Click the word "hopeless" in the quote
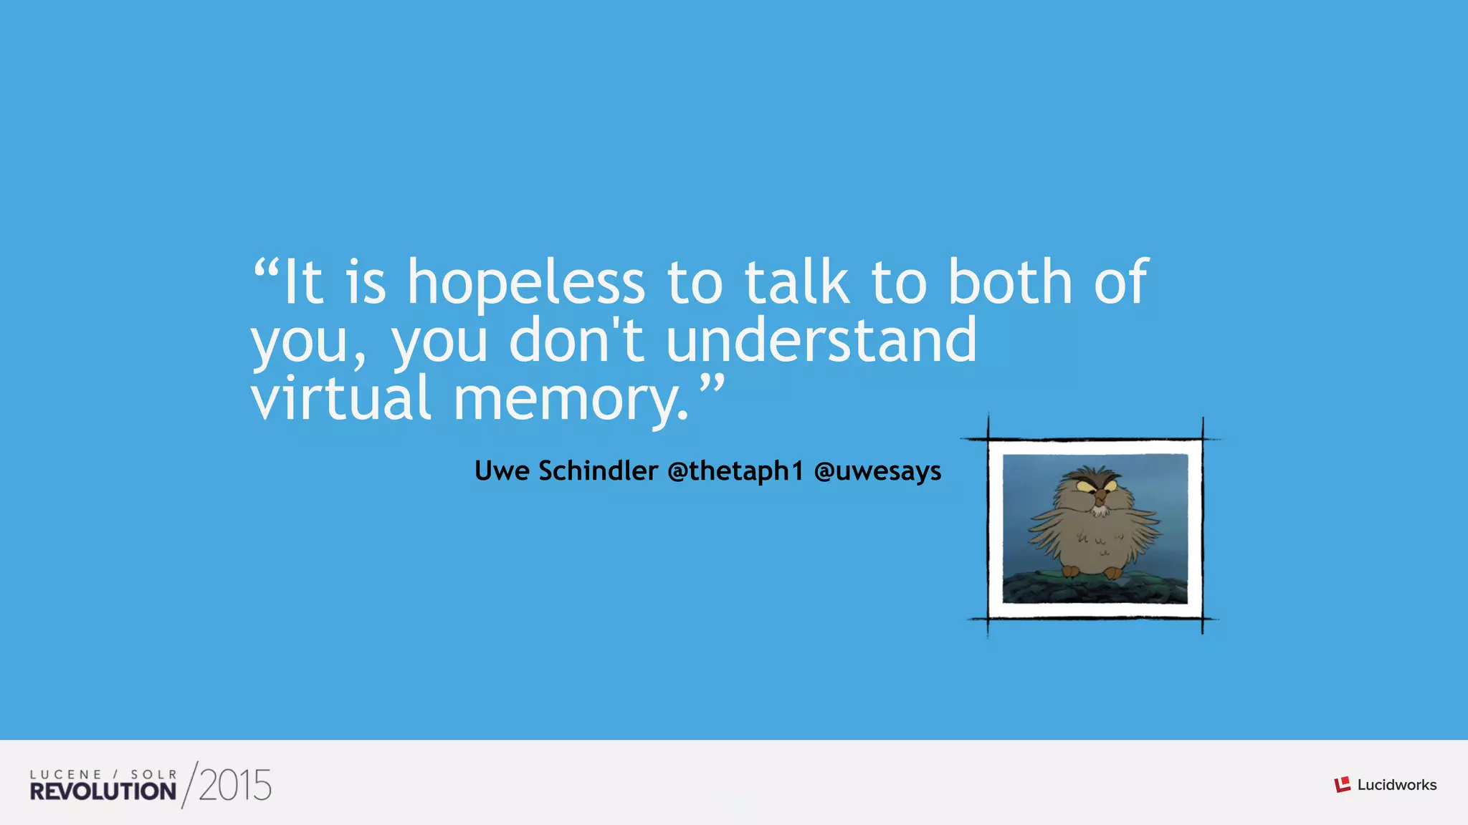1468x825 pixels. pyautogui.click(x=526, y=284)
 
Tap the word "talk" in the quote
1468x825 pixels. pyautogui.click(x=797, y=282)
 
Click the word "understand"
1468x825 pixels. pyautogui.click(x=821, y=341)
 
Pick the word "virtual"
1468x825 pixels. pyautogui.click(x=340, y=398)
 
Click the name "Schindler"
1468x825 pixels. pyautogui.click(x=598, y=471)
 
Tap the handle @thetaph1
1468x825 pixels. pyautogui.click(x=735, y=471)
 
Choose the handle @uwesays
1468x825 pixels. pyautogui.click(x=877, y=471)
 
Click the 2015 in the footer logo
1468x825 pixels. pyautogui.click(x=235, y=786)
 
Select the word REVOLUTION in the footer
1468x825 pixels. pyautogui.click(x=103, y=791)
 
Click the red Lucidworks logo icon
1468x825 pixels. pyautogui.click(x=1342, y=785)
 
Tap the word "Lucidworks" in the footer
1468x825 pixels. pyautogui.click(x=1396, y=785)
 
